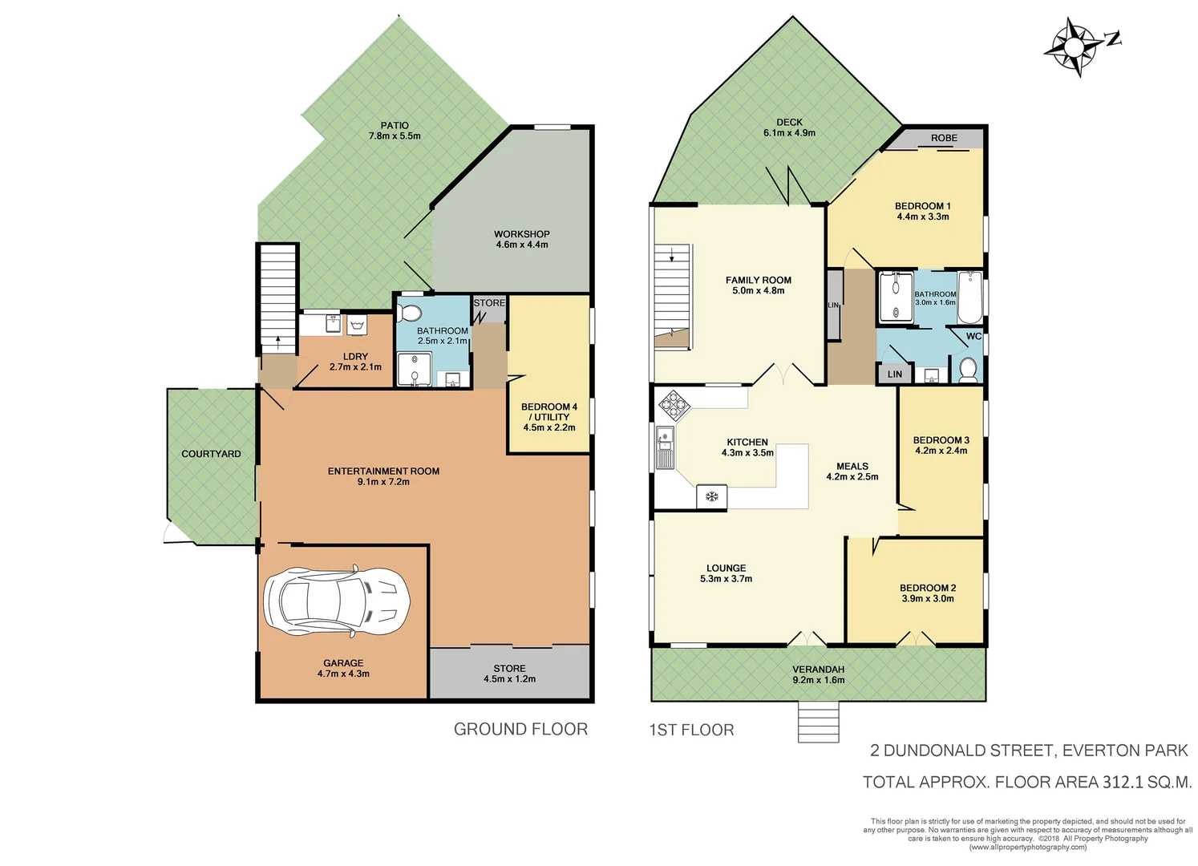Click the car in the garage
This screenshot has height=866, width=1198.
337,601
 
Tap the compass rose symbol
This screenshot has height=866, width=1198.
1075,46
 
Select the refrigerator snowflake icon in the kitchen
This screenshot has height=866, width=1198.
711,496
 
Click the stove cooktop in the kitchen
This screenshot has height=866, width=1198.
674,404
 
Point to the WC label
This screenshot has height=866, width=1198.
973,336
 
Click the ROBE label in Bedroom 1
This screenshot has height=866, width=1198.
944,138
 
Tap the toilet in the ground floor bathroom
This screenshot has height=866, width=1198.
413,311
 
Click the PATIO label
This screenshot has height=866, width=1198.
395,125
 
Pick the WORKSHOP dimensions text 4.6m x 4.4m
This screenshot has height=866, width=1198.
522,245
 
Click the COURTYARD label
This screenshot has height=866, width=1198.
211,454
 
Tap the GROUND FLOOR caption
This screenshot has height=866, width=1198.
520,729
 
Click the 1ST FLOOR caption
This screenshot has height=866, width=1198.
691,730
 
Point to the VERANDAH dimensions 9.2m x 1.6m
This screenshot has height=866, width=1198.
818,680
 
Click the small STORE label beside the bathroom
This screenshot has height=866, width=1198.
489,303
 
